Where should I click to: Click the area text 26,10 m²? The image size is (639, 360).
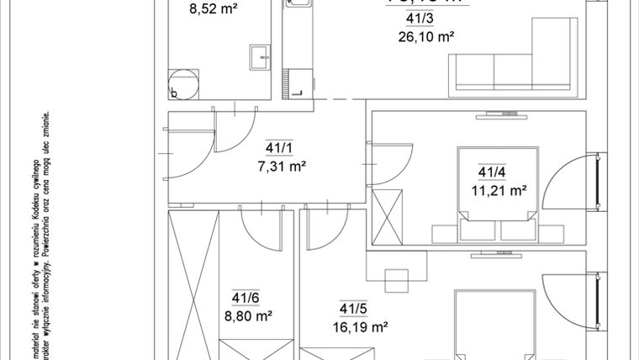[425, 36]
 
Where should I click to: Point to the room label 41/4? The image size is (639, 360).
[492, 172]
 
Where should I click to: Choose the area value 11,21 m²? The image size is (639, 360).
[499, 190]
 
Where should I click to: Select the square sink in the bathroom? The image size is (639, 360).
[259, 58]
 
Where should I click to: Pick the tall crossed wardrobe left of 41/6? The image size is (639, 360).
[193, 286]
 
